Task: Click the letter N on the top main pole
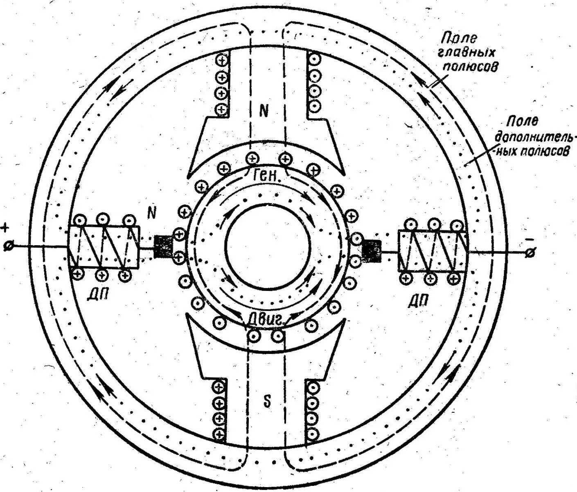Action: (264, 110)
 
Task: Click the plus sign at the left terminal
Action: (6, 228)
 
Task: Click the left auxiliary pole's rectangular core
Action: (104, 247)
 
